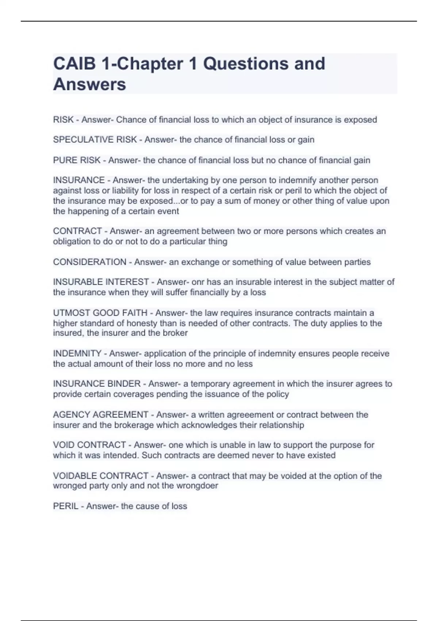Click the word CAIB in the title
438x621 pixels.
(75, 64)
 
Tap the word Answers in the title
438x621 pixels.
(89, 84)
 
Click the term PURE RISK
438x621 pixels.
(77, 160)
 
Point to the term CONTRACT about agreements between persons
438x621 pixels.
(77, 231)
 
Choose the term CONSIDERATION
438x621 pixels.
(89, 262)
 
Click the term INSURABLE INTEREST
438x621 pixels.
(101, 282)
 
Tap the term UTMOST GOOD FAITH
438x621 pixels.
(100, 313)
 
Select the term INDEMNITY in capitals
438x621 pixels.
(77, 354)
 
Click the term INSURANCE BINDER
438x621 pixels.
(97, 384)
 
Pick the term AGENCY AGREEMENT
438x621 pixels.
(100, 415)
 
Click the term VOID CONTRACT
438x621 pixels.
(89, 445)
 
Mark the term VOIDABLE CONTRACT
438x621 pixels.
(100, 476)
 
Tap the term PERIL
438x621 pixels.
(66, 506)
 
